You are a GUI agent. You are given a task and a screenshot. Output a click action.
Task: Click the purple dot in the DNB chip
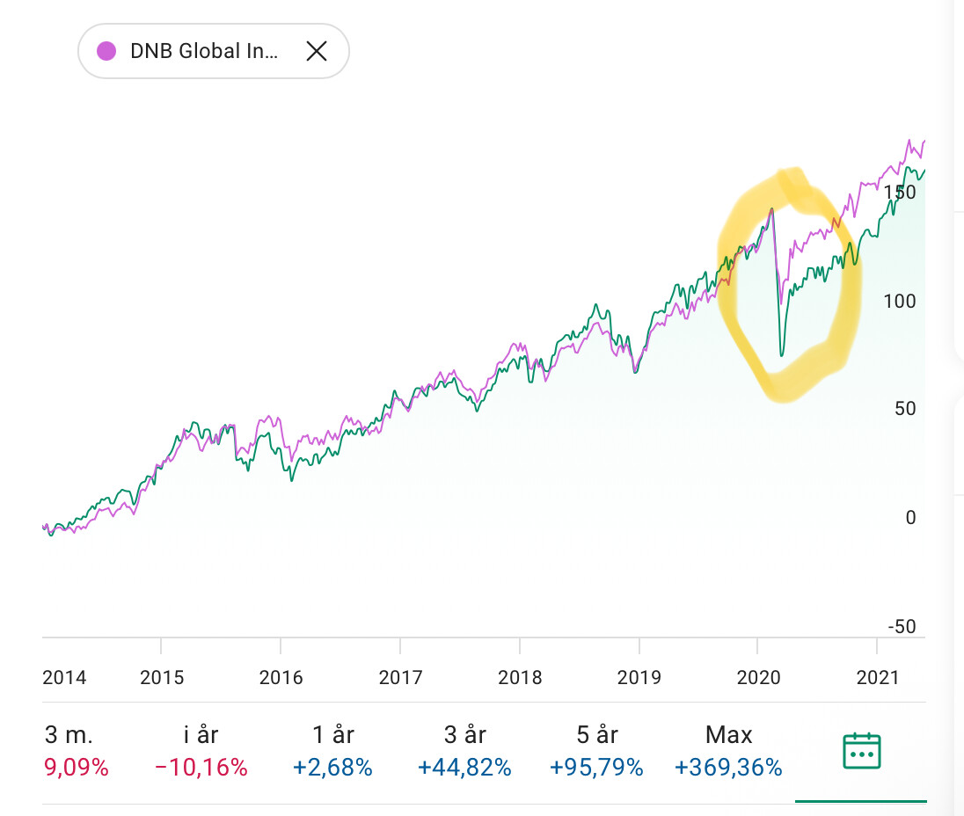(x=107, y=51)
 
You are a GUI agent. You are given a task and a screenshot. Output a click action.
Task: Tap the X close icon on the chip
(x=316, y=51)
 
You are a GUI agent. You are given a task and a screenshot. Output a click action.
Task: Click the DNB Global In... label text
(x=204, y=51)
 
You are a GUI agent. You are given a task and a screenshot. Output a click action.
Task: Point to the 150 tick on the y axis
(x=900, y=192)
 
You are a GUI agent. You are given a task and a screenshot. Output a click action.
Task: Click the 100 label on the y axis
(x=900, y=301)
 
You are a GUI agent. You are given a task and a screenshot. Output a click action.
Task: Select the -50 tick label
(x=902, y=627)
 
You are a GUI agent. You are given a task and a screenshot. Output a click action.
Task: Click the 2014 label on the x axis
(x=64, y=677)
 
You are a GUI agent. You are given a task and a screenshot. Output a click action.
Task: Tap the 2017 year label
(x=400, y=677)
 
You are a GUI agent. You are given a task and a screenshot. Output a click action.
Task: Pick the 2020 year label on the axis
(x=758, y=677)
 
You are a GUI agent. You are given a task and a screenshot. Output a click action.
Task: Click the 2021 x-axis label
(x=877, y=677)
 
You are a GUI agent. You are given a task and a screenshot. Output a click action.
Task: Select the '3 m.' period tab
(x=69, y=734)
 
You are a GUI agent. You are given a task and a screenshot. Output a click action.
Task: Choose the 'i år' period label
(x=201, y=734)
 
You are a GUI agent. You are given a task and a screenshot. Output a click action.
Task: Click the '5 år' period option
(x=595, y=734)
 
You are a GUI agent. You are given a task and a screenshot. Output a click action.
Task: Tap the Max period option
(x=728, y=734)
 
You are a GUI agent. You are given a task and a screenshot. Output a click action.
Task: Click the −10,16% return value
(x=201, y=768)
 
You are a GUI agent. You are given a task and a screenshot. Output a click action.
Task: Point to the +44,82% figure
(x=464, y=768)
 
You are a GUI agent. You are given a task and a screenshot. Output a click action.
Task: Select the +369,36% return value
(x=728, y=768)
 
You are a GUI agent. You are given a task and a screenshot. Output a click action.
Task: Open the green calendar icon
(x=861, y=752)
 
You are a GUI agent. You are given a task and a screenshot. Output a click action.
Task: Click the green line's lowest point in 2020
(x=781, y=356)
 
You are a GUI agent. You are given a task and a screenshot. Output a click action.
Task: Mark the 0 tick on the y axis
(x=910, y=518)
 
